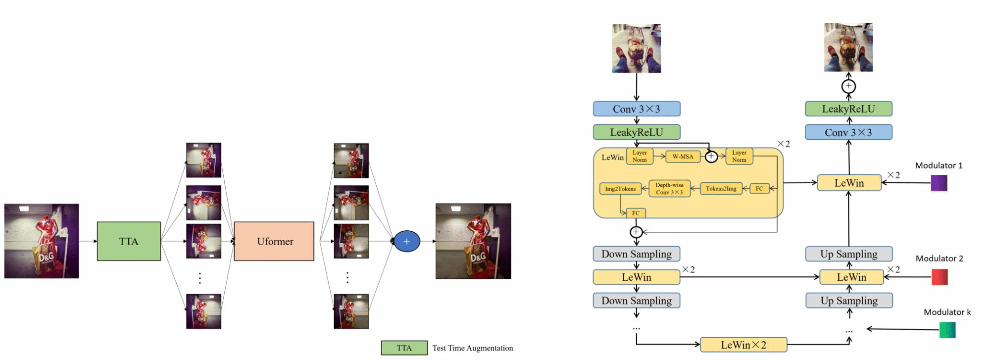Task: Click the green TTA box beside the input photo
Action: [129, 241]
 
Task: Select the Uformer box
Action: [274, 241]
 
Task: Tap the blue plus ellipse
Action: [407, 241]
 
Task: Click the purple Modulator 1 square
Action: [939, 183]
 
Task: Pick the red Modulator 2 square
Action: [940, 277]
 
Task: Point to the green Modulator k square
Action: [947, 330]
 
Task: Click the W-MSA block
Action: [683, 156]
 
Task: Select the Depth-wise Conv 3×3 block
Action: [669, 189]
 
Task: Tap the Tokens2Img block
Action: [721, 189]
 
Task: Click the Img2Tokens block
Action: [620, 189]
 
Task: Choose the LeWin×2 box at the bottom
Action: [743, 345]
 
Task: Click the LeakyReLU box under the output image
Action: [848, 109]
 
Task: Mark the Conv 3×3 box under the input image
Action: [637, 109]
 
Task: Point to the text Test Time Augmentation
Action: [473, 348]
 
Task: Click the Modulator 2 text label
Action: [939, 258]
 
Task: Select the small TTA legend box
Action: [404, 348]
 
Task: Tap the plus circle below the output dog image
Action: [848, 86]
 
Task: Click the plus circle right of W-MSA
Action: [711, 156]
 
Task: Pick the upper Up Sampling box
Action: [849, 254]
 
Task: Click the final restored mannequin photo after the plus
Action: [473, 241]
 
